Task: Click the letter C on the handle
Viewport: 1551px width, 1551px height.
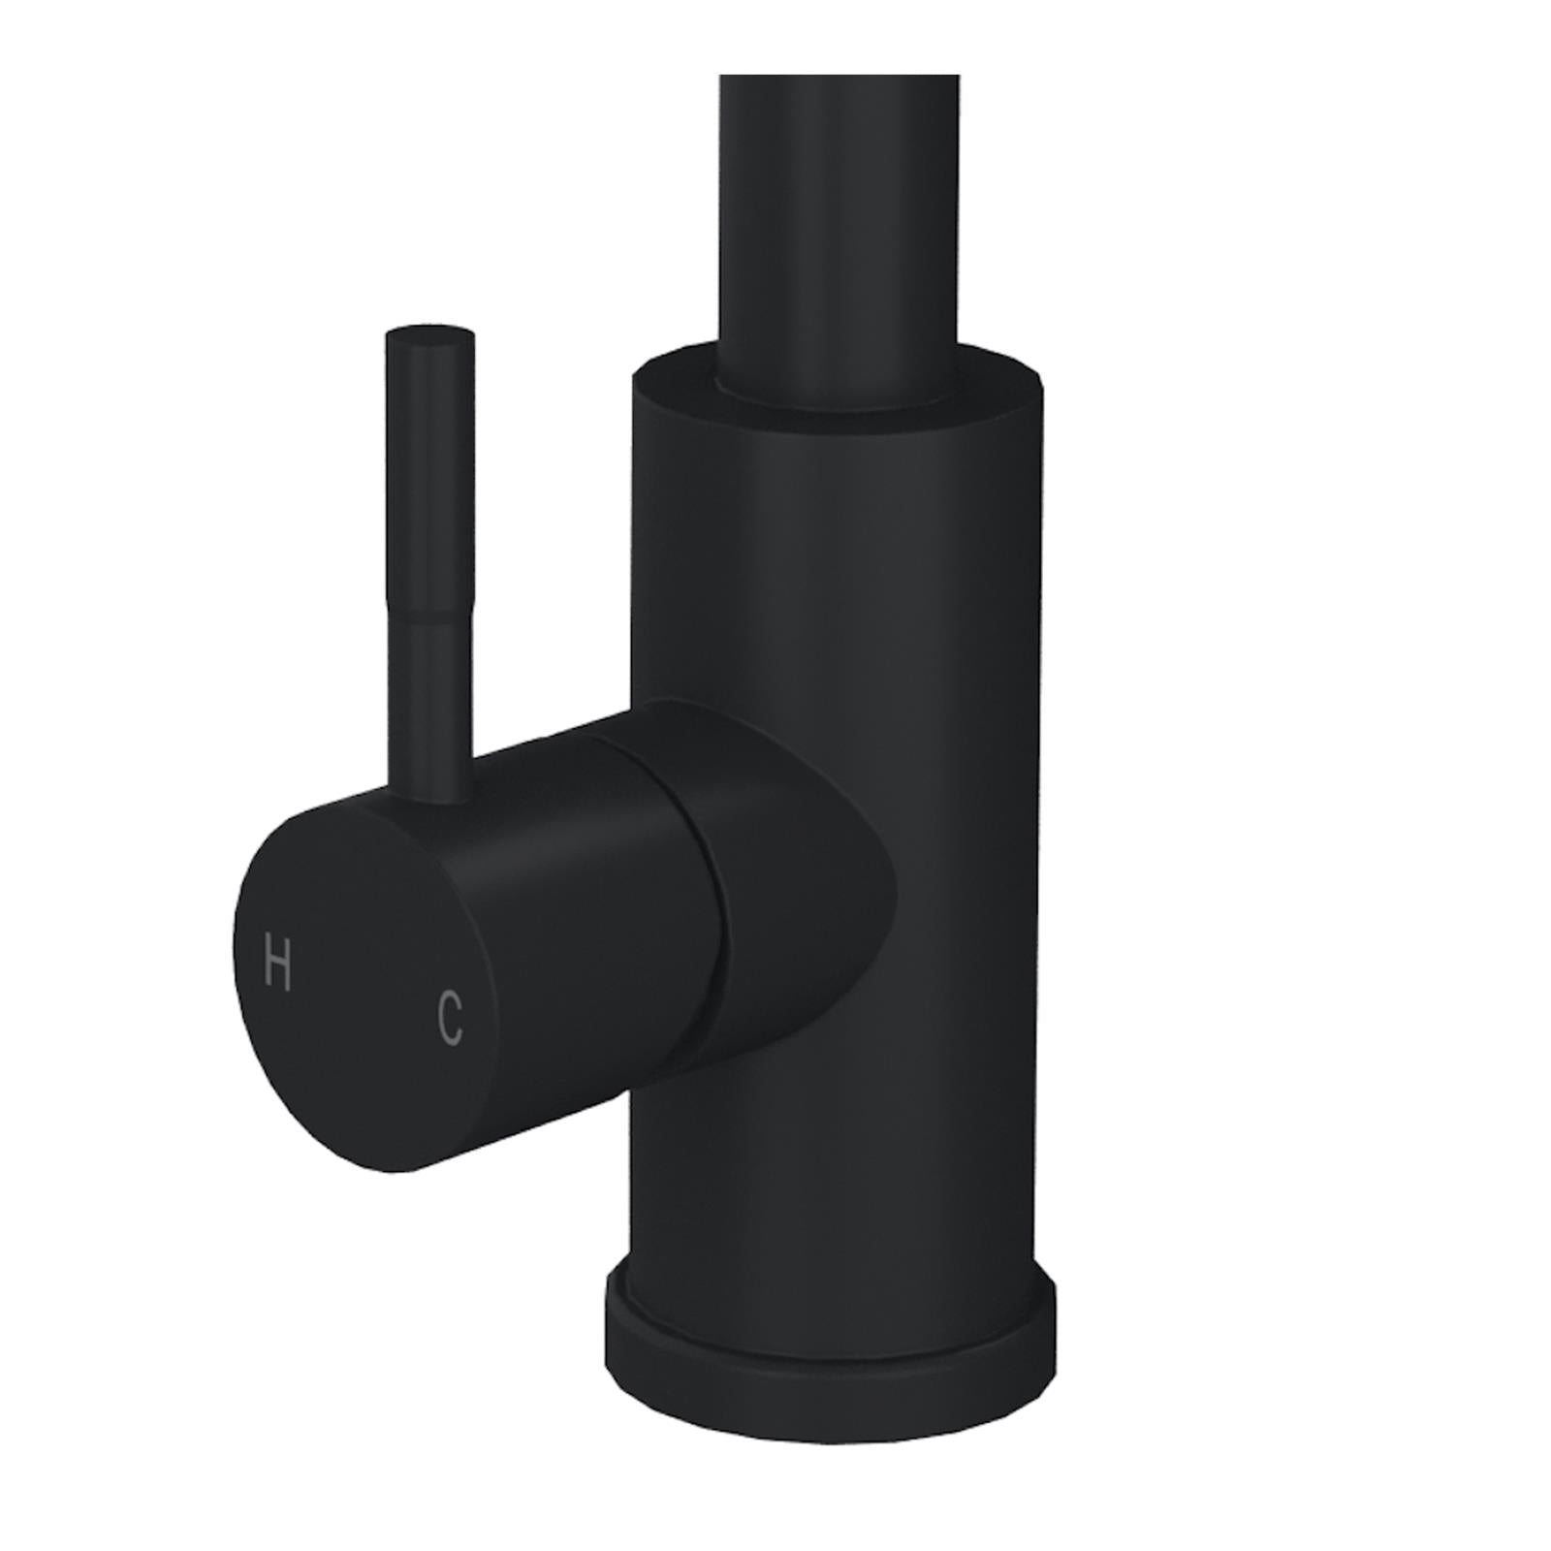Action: click(448, 1016)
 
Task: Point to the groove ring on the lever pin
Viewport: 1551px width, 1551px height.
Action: click(429, 620)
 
